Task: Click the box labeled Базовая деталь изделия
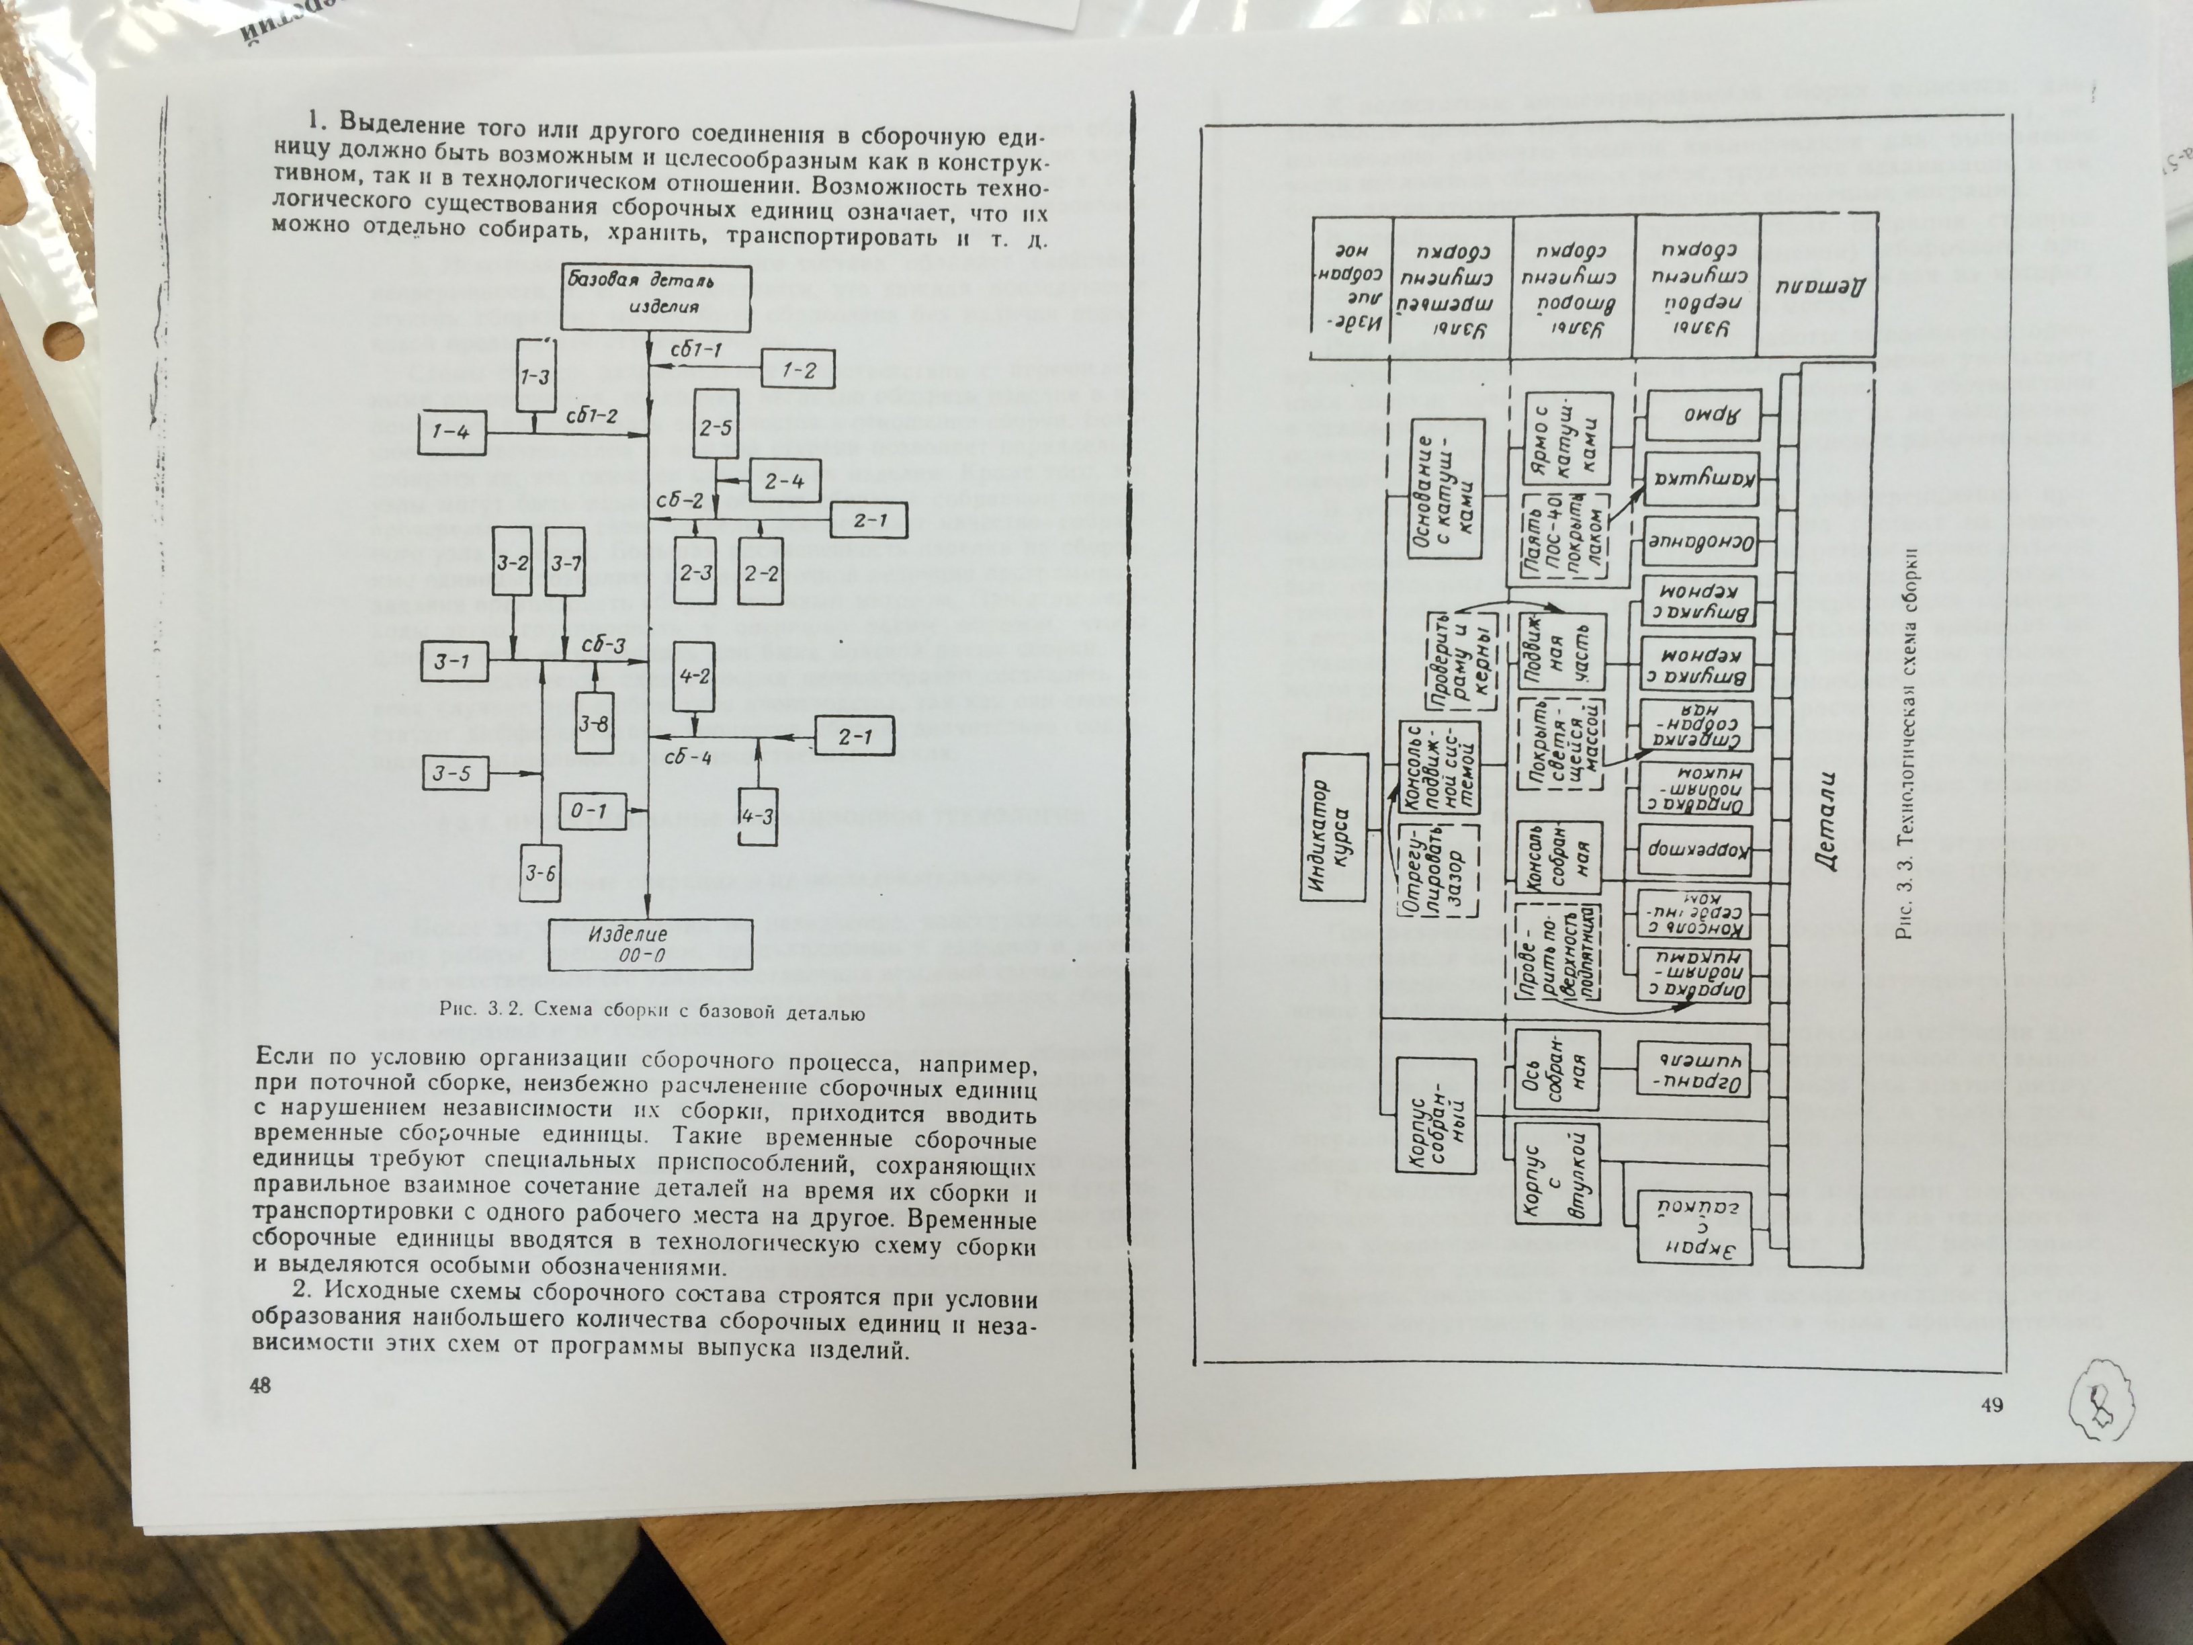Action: coord(655,296)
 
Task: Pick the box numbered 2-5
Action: coord(715,427)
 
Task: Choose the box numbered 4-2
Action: coord(694,676)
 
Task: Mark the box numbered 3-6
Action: coord(540,874)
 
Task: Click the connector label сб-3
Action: coord(604,646)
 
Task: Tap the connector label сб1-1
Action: coord(696,349)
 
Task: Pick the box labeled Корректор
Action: coord(1697,850)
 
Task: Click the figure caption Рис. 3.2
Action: coord(652,1013)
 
